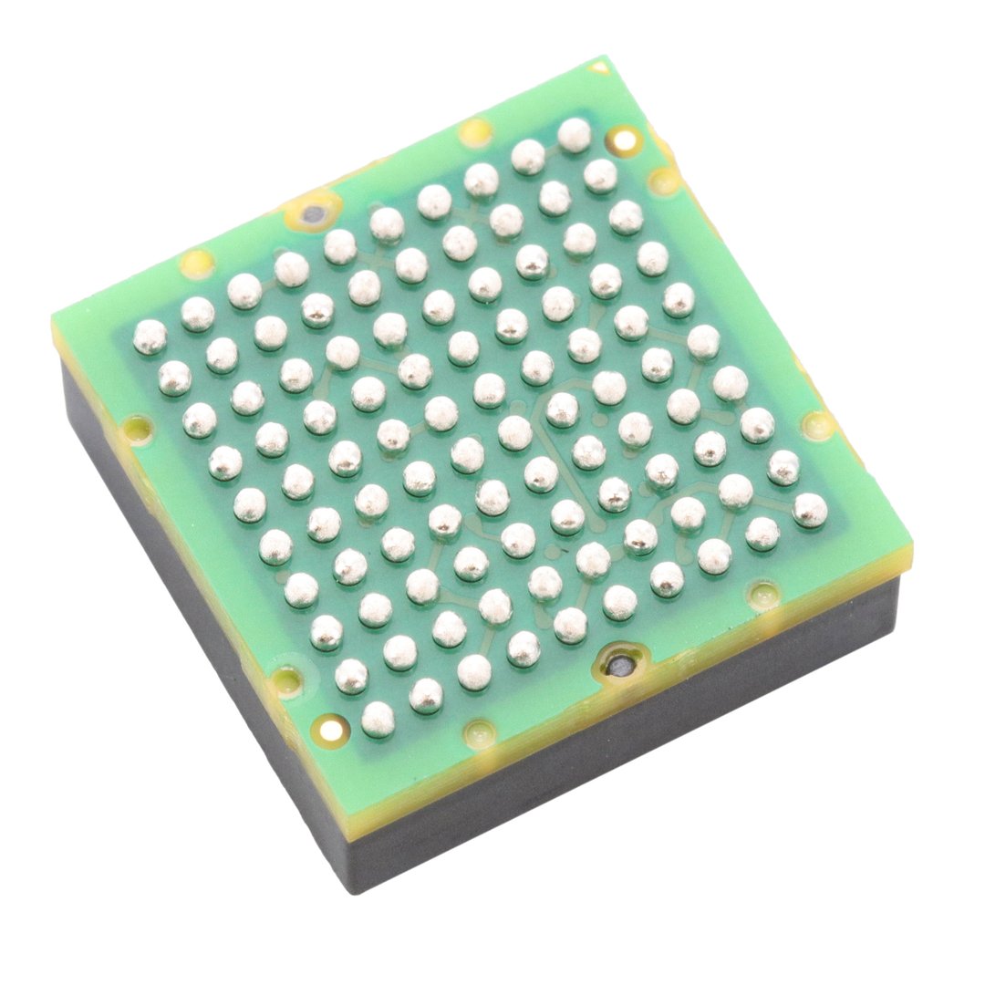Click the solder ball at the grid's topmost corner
click(574, 135)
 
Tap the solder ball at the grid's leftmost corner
click(150, 337)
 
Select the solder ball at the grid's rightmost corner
click(810, 510)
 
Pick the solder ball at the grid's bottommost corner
click(378, 720)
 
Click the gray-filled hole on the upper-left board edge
click(313, 213)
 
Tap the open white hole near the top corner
click(624, 140)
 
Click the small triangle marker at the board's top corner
click(599, 67)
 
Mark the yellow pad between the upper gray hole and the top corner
click(475, 131)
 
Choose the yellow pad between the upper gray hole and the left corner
click(195, 264)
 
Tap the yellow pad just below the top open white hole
click(663, 181)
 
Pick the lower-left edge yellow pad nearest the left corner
click(138, 428)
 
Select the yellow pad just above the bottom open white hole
click(287, 679)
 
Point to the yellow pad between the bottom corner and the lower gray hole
click(479, 732)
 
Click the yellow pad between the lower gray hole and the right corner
click(764, 595)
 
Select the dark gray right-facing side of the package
click(638, 766)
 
